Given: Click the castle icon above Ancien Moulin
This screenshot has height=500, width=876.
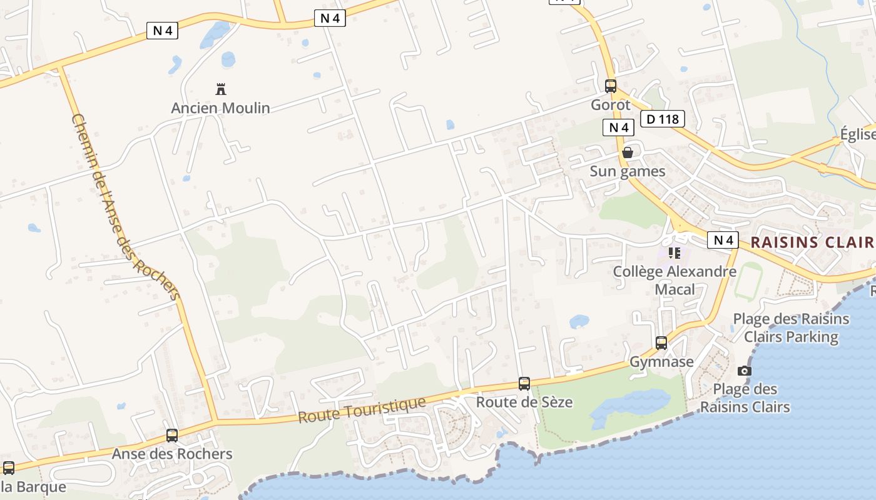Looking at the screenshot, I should pos(220,89).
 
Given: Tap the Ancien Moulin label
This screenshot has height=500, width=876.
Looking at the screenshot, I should pos(220,108).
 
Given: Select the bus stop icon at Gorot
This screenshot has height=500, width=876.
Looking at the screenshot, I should pos(610,86).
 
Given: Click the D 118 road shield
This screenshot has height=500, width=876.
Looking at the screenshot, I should pos(663,119).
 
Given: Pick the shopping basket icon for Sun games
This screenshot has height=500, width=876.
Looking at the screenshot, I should pos(628,152).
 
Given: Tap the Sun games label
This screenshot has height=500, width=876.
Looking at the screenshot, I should pos(628,171).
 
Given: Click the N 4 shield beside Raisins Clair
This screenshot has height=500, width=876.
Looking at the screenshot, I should pos(723,240).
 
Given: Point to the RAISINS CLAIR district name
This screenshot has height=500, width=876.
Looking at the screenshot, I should pos(812,242).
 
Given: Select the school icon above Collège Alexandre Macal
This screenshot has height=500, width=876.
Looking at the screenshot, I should pos(674,253).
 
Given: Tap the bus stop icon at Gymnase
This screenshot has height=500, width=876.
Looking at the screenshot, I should pos(661,342).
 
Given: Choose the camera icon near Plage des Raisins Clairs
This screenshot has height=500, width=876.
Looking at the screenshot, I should pos(744,371).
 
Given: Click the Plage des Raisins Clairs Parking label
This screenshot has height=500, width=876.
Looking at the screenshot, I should pos(791,327).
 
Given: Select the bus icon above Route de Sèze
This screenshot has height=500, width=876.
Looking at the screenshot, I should pos(524,384).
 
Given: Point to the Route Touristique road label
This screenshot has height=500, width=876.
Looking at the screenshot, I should pos(362,410).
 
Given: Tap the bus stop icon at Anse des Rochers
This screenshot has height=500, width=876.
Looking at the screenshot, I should pos(172,436).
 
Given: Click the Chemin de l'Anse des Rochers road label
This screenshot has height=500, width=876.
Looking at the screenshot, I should pos(126,206).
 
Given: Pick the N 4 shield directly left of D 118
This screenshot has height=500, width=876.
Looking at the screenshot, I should pos(618,127).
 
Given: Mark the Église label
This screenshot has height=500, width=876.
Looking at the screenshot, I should pos(857,134).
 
